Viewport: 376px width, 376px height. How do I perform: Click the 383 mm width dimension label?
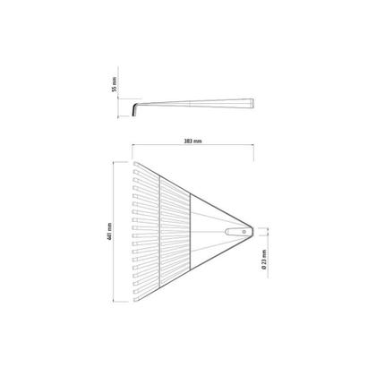[193, 141]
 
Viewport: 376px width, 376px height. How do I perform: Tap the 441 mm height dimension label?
[109, 232]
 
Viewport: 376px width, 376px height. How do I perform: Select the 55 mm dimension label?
[115, 84]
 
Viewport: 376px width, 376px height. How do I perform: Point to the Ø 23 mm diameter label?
[264, 260]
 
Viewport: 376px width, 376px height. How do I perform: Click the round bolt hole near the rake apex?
[244, 232]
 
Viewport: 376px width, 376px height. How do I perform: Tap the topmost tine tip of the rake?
[135, 164]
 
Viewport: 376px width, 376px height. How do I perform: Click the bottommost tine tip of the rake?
[135, 299]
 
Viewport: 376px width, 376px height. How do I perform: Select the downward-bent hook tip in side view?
[133, 115]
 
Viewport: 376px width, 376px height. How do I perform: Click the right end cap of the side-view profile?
[252, 103]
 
